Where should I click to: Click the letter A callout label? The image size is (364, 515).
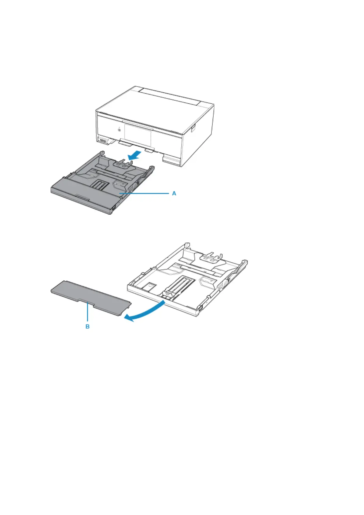[x=174, y=193]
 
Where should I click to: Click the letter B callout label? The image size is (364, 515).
[x=87, y=327]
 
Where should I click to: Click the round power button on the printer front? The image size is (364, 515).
[x=119, y=130]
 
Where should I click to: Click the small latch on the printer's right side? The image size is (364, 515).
[x=192, y=128]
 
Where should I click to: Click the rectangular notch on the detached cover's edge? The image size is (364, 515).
[x=87, y=302]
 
